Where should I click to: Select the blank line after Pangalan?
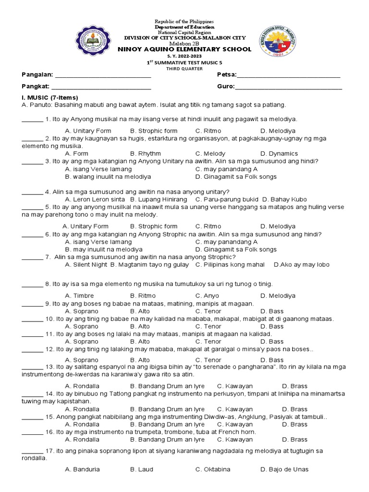point(104,77)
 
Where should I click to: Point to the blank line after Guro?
point(288,88)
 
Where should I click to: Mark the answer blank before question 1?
point(32,120)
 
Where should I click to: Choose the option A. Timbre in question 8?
point(79,296)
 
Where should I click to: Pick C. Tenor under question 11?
point(208,342)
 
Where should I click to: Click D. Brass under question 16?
point(295,440)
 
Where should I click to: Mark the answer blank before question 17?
point(32,452)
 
